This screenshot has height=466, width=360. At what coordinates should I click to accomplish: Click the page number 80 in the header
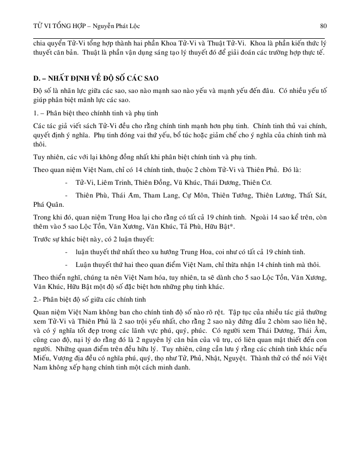tap(323, 26)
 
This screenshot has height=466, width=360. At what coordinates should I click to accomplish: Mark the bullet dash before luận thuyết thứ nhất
tap(67, 252)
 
